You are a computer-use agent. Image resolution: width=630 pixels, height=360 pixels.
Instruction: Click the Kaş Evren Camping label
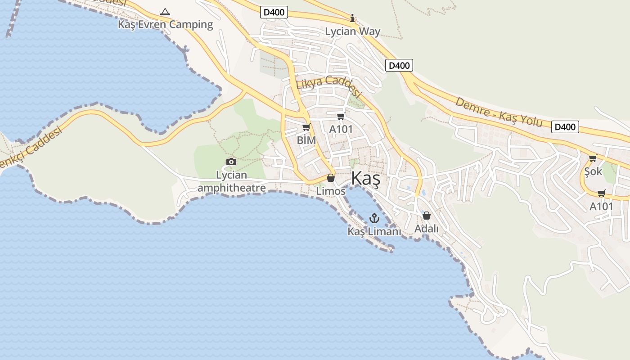(x=165, y=24)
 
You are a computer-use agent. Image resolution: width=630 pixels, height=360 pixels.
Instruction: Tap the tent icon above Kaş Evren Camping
(x=165, y=12)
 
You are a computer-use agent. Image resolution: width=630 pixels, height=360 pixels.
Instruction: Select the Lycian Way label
(x=352, y=31)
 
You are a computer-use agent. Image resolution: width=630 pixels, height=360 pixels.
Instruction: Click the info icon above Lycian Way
(x=352, y=18)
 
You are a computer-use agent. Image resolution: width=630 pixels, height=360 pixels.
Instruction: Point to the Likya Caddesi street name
(x=329, y=86)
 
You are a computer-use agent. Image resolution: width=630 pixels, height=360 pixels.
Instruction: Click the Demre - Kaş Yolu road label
(x=498, y=112)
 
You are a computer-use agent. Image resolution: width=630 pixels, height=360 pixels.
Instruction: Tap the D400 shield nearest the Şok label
(x=565, y=127)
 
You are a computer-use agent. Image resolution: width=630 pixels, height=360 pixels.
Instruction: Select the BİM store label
(x=306, y=140)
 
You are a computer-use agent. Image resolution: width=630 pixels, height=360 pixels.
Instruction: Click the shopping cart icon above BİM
(x=306, y=127)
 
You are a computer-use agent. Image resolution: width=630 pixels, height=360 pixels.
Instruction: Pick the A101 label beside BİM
(x=341, y=129)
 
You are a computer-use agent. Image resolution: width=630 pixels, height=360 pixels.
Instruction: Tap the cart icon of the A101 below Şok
(x=601, y=193)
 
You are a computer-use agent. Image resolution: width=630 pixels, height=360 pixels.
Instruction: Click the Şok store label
(x=593, y=171)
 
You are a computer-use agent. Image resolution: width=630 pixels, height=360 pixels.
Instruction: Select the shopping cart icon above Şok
(x=593, y=158)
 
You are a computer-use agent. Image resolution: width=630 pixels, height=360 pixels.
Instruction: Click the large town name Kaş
(x=365, y=178)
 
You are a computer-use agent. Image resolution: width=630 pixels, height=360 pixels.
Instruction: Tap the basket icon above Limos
(x=331, y=178)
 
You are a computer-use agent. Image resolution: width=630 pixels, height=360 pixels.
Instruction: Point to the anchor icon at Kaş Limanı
(x=374, y=218)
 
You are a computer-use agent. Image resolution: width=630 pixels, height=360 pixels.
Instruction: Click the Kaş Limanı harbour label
(x=374, y=231)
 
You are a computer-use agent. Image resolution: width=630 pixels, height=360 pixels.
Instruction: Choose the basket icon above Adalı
(x=426, y=216)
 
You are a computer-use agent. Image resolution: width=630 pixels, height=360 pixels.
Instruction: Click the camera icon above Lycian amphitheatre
(x=231, y=162)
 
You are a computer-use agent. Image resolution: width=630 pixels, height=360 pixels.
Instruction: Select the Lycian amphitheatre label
(x=231, y=181)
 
